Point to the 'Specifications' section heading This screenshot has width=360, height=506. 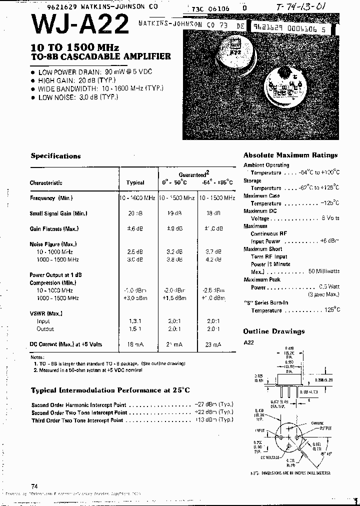pos(55,156)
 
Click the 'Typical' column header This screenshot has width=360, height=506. pos(135,183)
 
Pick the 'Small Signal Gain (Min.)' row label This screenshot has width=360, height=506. pos(58,213)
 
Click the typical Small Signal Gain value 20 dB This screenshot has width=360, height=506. pos(135,213)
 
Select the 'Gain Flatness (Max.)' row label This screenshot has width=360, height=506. pos(55,229)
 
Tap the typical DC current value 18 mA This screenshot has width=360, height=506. pos(135,344)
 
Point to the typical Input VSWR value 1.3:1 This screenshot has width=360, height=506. pos(135,321)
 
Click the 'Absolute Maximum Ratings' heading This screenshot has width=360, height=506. pos(290,155)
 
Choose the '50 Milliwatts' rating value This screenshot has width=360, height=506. pos(324,271)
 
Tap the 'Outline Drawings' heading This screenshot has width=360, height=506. pos(273,331)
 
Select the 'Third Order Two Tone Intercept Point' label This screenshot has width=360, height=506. pos(77,420)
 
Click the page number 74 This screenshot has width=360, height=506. pos(34,486)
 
